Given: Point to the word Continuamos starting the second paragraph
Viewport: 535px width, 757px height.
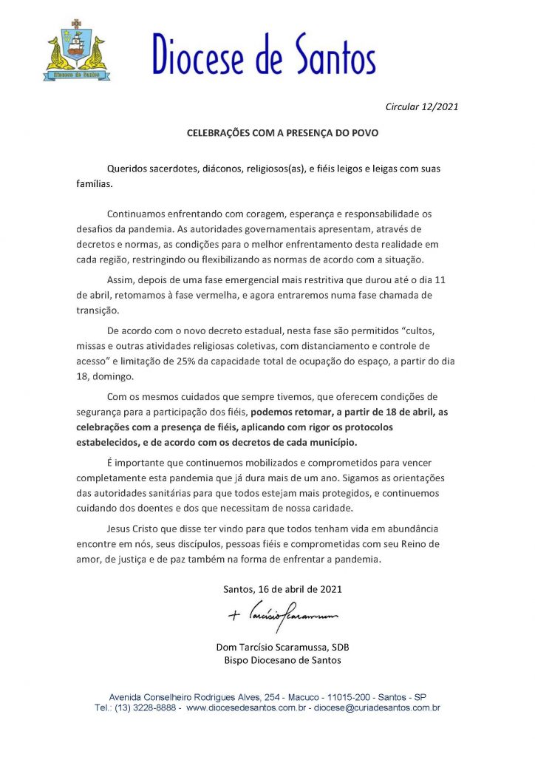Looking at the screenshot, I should point(139,214).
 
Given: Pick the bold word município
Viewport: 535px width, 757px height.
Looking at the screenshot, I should point(331,442).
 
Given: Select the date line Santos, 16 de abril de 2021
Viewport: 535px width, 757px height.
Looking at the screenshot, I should point(282,589).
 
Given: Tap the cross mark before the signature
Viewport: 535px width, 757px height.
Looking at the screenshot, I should point(236,615).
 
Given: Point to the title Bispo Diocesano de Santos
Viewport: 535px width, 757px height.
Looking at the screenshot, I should point(282,660).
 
